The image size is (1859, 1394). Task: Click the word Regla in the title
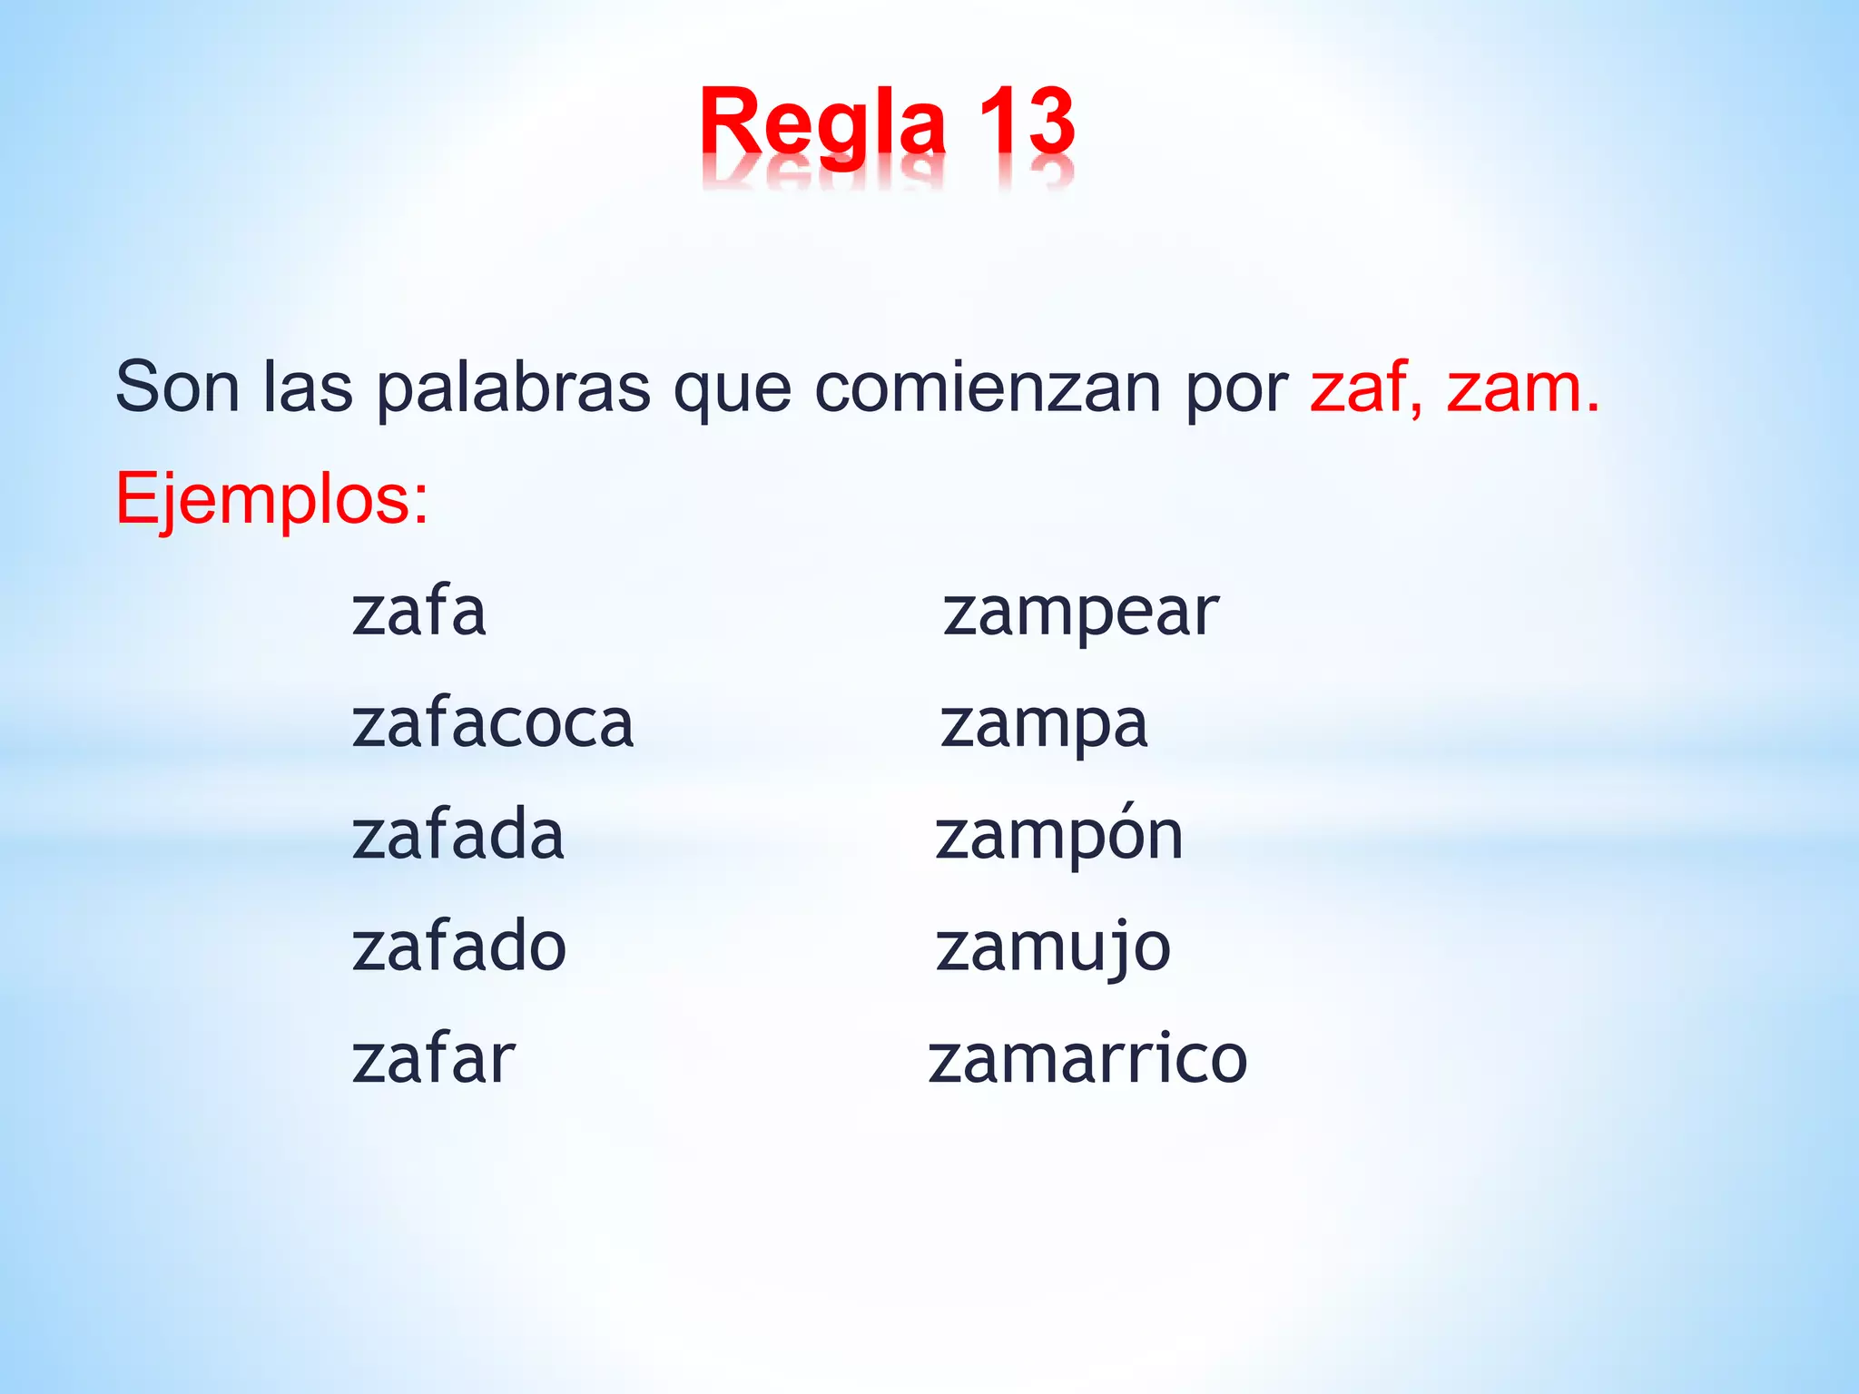pos(822,123)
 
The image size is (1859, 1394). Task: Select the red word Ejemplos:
pos(271,500)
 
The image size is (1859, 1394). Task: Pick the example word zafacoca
pos(492,723)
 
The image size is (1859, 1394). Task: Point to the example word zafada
pos(457,835)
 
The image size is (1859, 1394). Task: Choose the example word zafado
pos(458,947)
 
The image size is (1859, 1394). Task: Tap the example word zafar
pos(433,1058)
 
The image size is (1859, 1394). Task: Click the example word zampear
pos(1080,613)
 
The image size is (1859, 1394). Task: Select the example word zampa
pos(1044,725)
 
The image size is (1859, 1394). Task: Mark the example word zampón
pos(1059,836)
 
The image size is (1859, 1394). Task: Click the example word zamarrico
pos(1087,1058)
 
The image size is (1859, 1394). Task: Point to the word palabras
pos(513,389)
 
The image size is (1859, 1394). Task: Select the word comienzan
pos(989,388)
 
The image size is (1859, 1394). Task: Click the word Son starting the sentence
pos(177,388)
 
